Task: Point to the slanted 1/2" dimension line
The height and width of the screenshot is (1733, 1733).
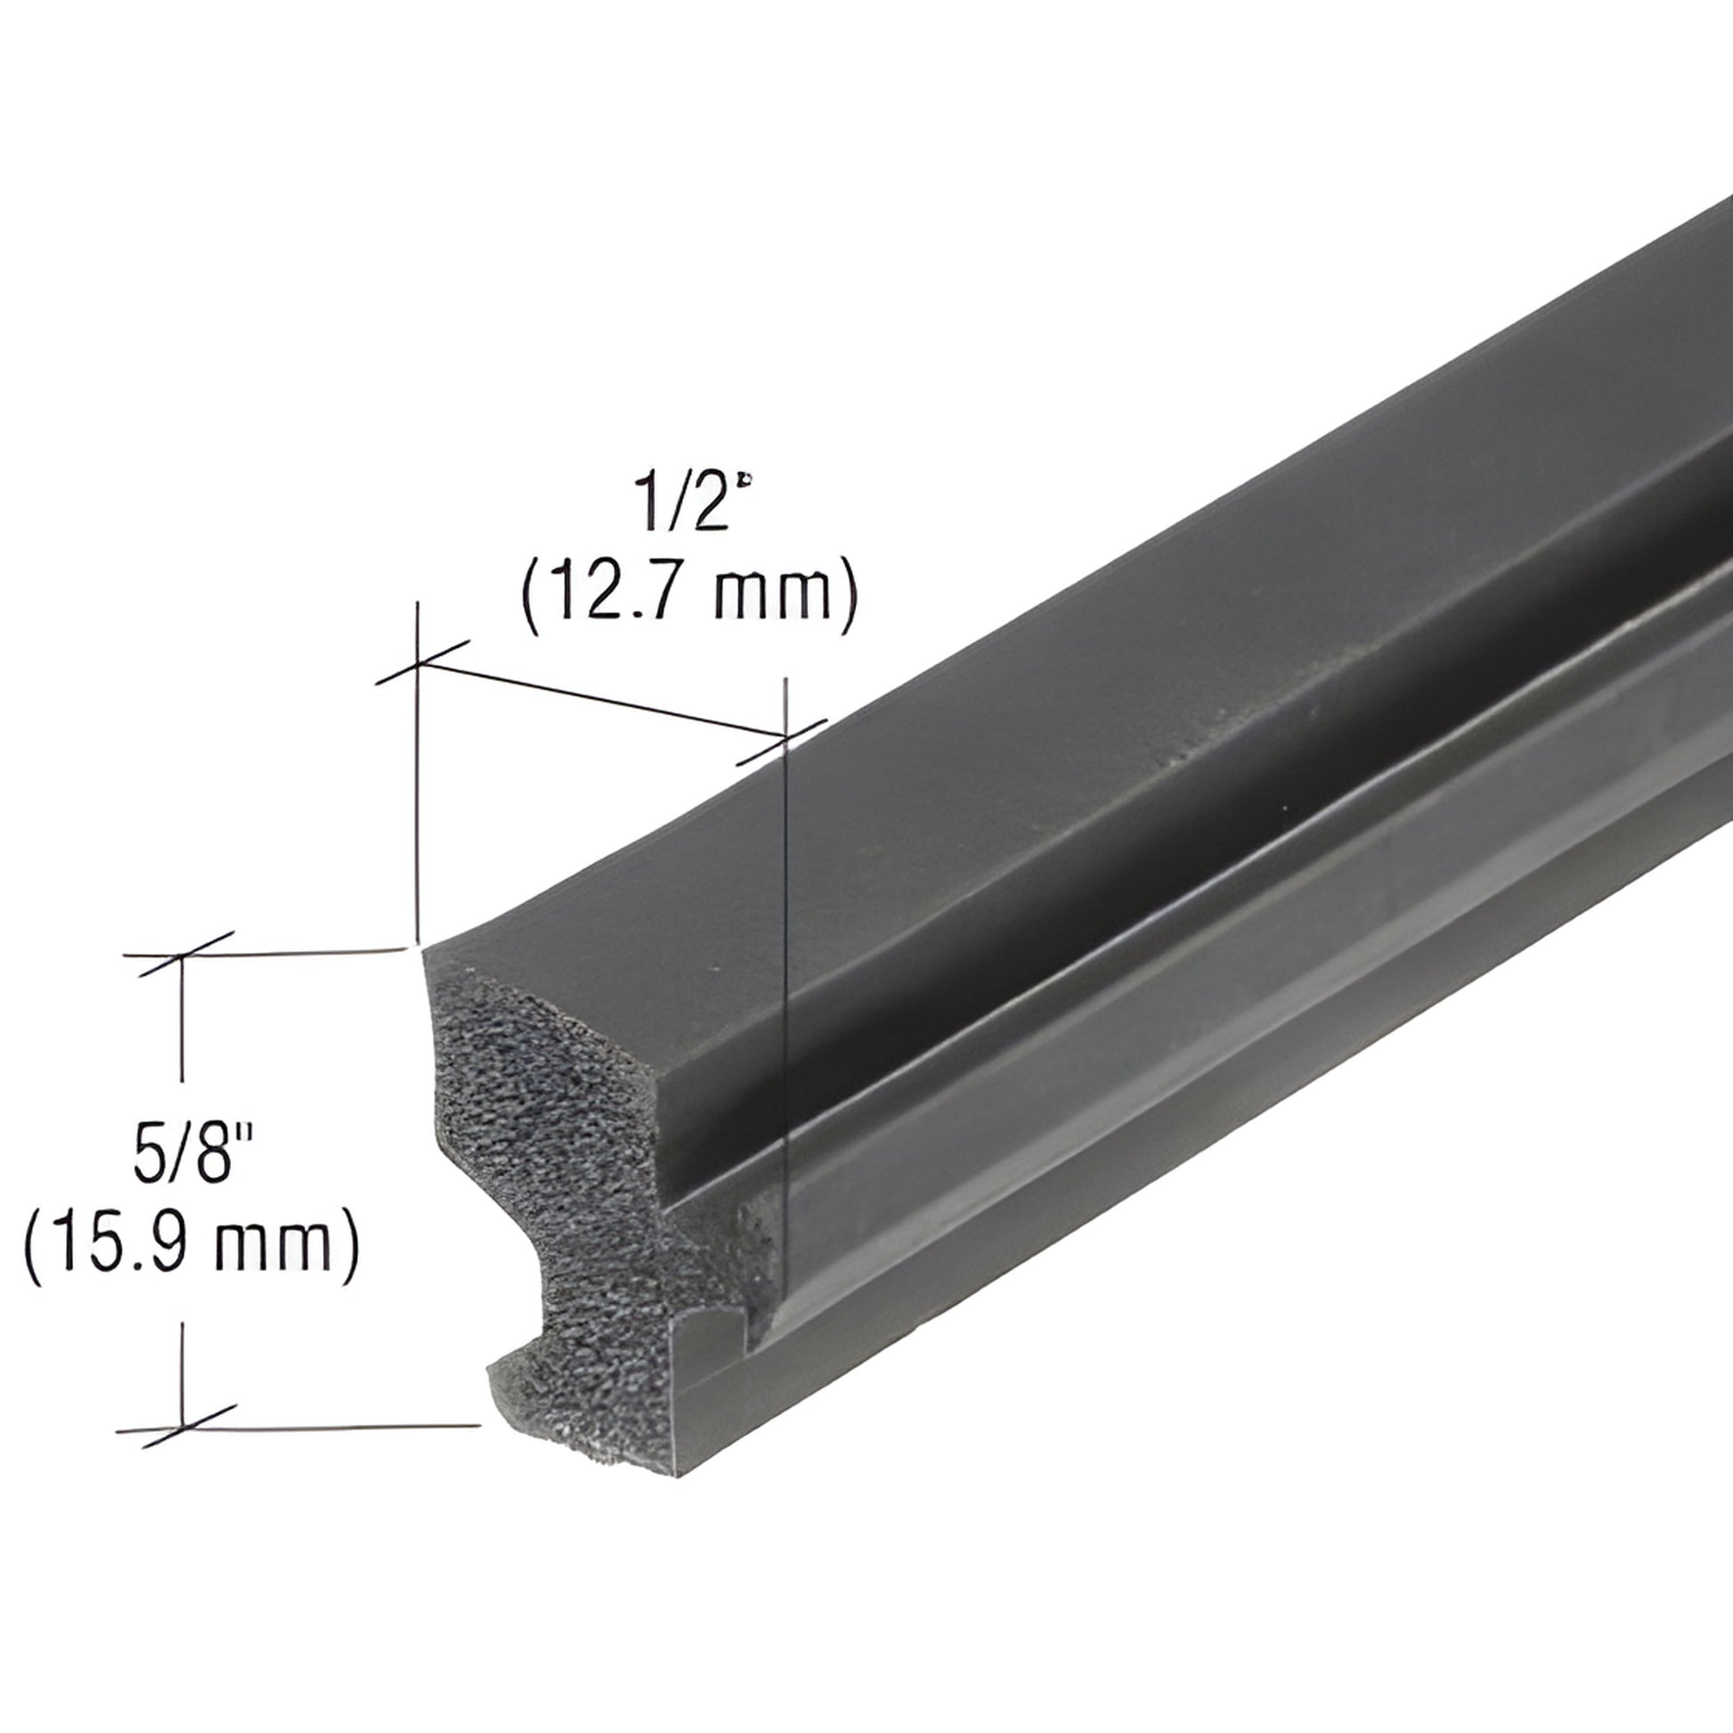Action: coord(601,702)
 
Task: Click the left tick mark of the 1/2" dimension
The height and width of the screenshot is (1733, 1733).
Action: coord(419,664)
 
